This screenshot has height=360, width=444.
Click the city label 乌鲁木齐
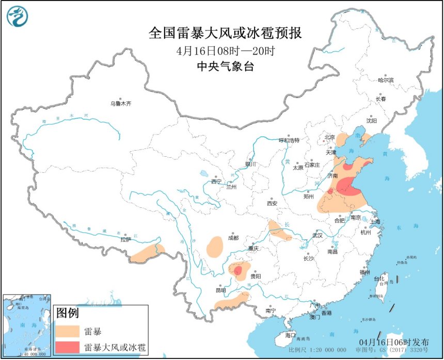121,104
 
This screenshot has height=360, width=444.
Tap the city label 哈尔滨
385,80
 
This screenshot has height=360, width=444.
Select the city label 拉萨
125,239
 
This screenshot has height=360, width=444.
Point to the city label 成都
232,238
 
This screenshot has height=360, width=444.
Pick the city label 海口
291,335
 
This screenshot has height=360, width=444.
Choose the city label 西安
272,203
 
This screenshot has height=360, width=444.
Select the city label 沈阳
371,120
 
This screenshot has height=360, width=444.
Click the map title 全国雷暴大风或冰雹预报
226,34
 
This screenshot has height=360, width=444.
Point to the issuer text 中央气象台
226,67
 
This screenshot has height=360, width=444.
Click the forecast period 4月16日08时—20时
226,51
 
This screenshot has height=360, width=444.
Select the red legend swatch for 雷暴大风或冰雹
68,347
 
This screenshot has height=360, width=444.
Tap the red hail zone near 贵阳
237,271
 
